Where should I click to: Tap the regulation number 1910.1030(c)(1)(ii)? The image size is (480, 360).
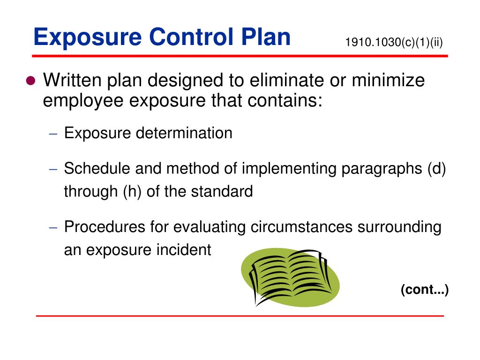394,42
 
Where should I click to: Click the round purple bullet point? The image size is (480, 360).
31,81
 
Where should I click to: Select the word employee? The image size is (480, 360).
83,101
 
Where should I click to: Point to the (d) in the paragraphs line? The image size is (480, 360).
436,168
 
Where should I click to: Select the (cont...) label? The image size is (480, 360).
425,290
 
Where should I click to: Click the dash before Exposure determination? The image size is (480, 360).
53,134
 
